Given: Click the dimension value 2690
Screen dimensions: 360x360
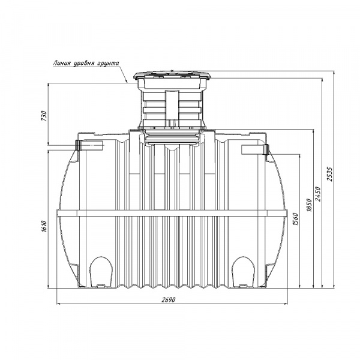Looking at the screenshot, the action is pyautogui.click(x=168, y=299).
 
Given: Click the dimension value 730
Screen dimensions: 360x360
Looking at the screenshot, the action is pyautogui.click(x=44, y=116).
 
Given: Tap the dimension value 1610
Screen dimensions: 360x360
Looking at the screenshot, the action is pyautogui.click(x=44, y=226).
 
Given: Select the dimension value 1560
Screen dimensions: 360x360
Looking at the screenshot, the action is pyautogui.click(x=295, y=219).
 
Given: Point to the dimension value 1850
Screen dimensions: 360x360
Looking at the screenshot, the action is pyautogui.click(x=309, y=205).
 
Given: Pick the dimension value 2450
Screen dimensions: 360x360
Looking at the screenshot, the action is pyautogui.click(x=318, y=194).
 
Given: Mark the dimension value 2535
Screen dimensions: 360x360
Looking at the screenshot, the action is pyautogui.click(x=329, y=174).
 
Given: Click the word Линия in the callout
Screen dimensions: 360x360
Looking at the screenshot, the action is pyautogui.click(x=61, y=63).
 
